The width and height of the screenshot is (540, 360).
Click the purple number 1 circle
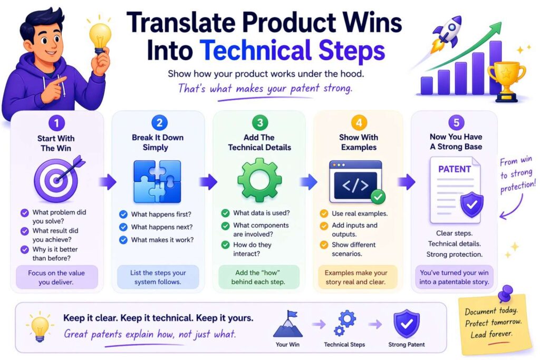(56, 123)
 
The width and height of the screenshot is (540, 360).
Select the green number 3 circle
(259, 123)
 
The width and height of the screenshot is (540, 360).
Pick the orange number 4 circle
(359, 123)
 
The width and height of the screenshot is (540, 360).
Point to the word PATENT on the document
(454, 169)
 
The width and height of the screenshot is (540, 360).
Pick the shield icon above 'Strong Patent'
(406, 324)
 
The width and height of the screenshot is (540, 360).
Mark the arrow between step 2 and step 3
(208, 182)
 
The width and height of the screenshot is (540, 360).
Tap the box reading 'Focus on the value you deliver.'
(57, 277)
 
